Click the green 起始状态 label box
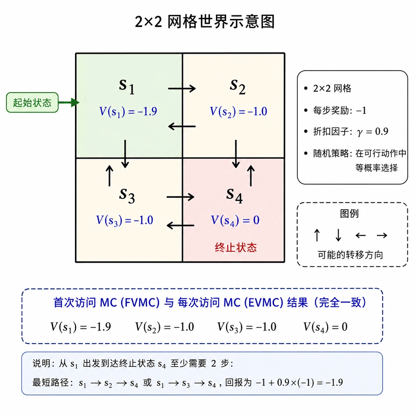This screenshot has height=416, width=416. [32, 102]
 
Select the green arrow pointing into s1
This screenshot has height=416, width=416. [69, 102]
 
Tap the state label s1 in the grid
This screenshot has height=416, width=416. [127, 86]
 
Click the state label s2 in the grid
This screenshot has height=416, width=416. [238, 86]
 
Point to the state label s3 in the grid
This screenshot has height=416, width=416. [127, 195]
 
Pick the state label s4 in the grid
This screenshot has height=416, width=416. [234, 195]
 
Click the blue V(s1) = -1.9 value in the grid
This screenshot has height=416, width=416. [128, 111]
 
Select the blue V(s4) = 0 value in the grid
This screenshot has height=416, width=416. [235, 221]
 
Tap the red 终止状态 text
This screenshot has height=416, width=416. [236, 247]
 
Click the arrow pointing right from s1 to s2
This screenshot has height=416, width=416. [182, 89]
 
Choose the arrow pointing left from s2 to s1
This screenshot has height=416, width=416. [182, 126]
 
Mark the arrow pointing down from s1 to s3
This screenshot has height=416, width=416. [125, 154]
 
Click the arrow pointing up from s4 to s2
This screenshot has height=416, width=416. [251, 175]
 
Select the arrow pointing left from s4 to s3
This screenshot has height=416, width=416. [180, 226]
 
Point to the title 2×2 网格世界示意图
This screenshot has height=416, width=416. [205, 22]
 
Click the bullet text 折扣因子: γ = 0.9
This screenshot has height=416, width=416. [351, 131]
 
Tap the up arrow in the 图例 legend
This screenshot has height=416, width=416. [317, 235]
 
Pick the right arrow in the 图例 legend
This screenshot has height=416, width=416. [382, 235]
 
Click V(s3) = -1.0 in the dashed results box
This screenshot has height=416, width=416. [247, 327]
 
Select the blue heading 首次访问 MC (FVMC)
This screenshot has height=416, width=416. [106, 303]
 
